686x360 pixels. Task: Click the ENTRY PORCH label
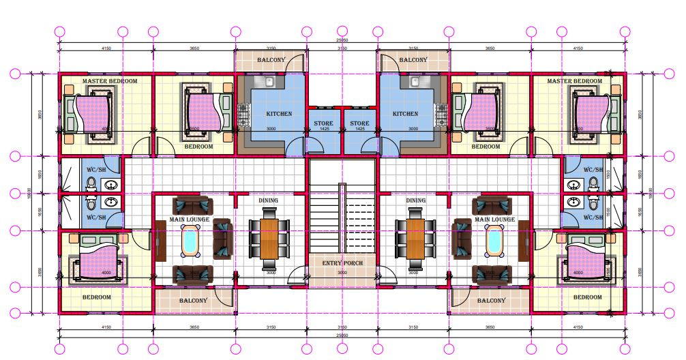342,263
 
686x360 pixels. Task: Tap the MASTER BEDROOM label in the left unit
109,81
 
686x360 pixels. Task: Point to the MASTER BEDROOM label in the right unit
574,81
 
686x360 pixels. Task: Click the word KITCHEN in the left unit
279,114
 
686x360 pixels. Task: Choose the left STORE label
323,123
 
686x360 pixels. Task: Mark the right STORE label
359,123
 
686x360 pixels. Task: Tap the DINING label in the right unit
415,200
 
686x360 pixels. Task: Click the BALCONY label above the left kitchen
271,60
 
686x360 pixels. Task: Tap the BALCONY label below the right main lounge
491,301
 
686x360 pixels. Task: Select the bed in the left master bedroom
89,113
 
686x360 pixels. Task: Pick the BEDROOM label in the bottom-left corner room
97,297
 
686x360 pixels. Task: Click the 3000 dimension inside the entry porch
342,273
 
